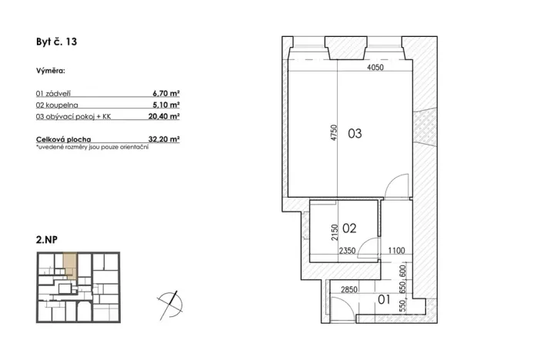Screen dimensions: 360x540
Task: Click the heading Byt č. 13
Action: [x=56, y=43]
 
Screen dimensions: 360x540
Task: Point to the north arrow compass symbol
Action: [x=170, y=301]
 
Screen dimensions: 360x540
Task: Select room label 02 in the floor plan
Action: [x=349, y=228]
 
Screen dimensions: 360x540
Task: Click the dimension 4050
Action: [x=375, y=68]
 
